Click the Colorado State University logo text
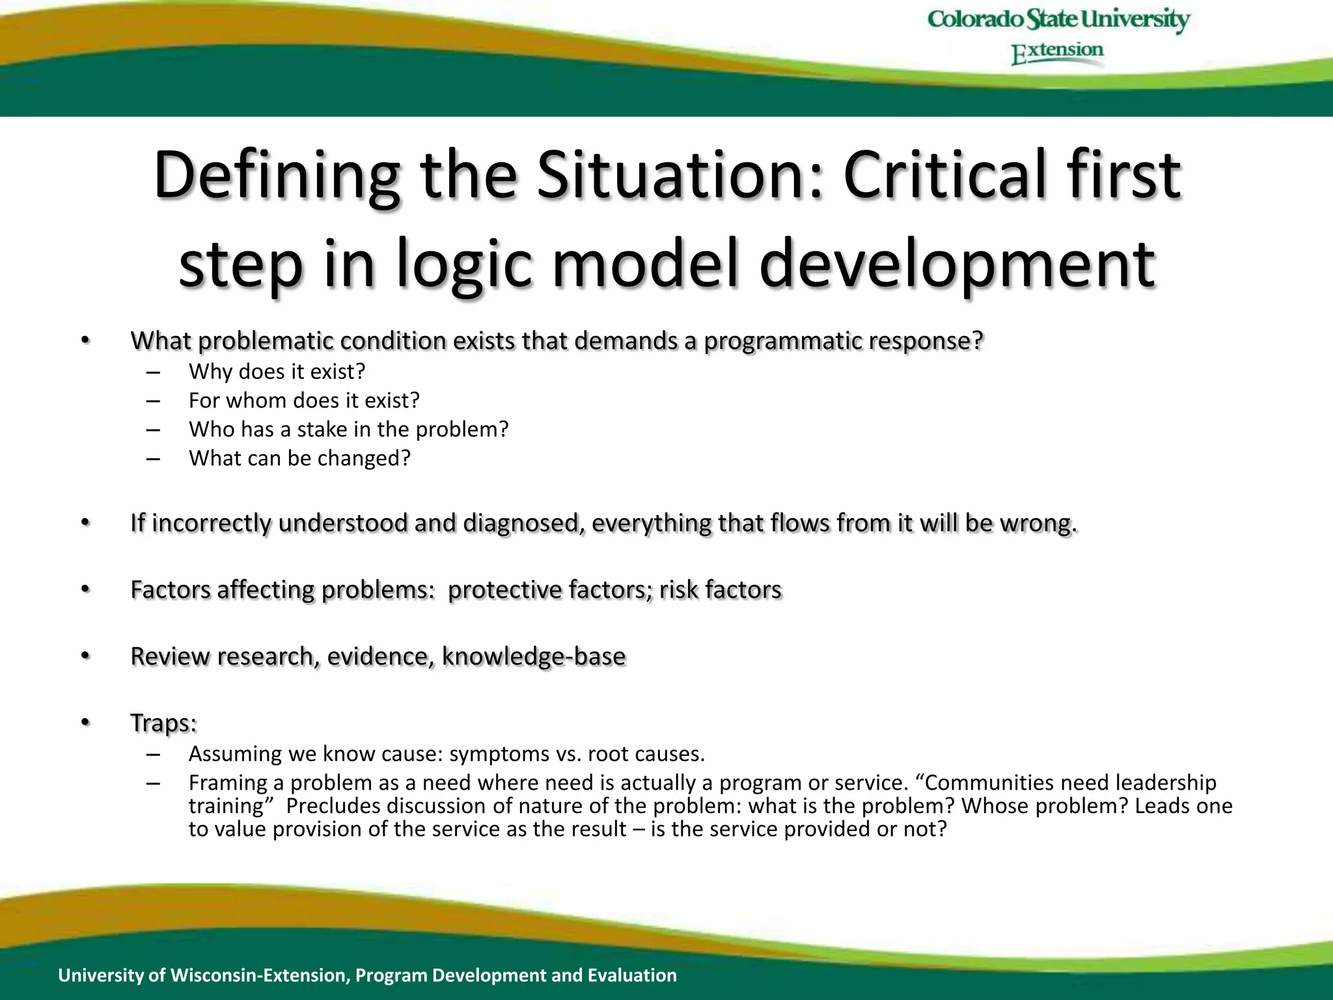1058,20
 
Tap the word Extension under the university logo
1058,52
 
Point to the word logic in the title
465,264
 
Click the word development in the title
957,264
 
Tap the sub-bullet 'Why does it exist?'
277,372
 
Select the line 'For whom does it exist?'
304,400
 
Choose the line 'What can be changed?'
299,458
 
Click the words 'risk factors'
720,590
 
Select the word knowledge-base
534,656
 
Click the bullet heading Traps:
163,723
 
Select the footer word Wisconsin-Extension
260,975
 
